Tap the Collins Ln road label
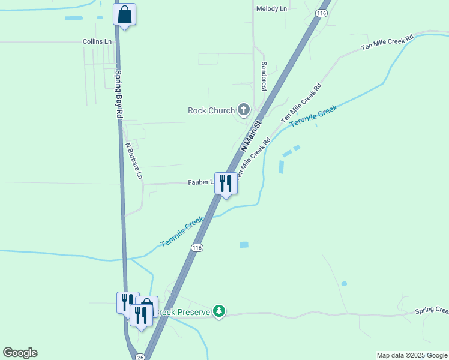pyautogui.click(x=97, y=42)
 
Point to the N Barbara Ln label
pyautogui.click(x=133, y=161)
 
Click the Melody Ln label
pyautogui.click(x=271, y=9)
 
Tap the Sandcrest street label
pyautogui.click(x=263, y=76)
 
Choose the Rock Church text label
pyautogui.click(x=211, y=110)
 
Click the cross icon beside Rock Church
pyautogui.click(x=243, y=109)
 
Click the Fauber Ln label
pyautogui.click(x=200, y=182)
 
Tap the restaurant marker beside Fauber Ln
pyautogui.click(x=226, y=184)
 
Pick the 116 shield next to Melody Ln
pyautogui.click(x=322, y=13)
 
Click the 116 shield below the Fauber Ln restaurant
pyautogui.click(x=197, y=248)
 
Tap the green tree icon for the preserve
pyautogui.click(x=220, y=311)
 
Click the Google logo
pyautogui.click(x=20, y=353)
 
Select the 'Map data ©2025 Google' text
pyautogui.click(x=412, y=355)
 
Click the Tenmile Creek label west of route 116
pyautogui.click(x=182, y=232)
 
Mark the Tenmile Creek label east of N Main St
pyautogui.click(x=313, y=115)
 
